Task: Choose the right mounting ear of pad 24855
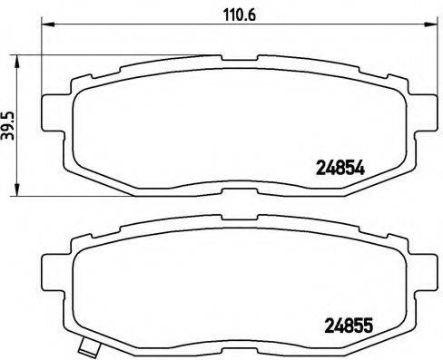[421, 267]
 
